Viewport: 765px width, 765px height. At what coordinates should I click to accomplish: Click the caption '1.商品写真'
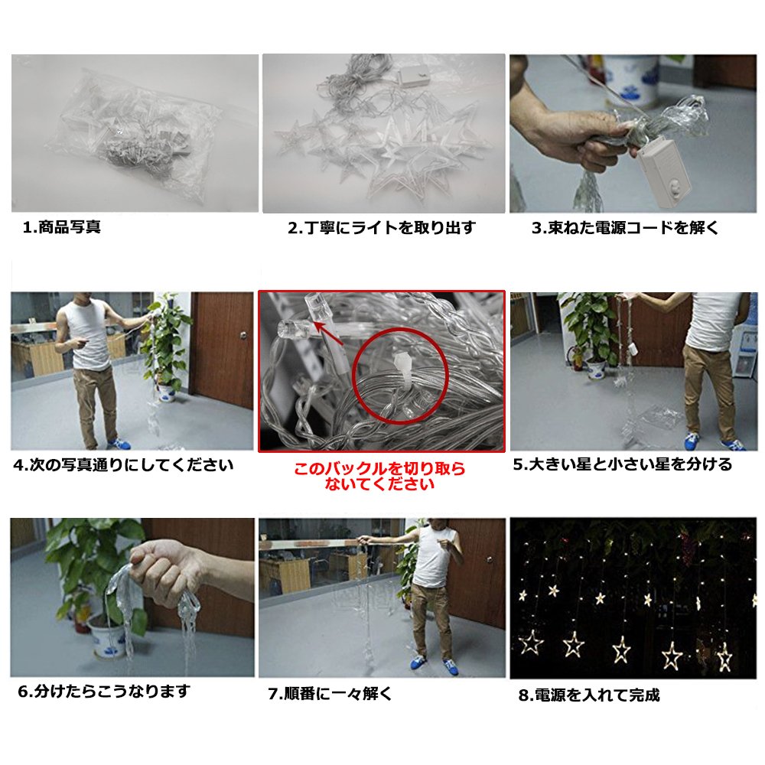click(x=62, y=227)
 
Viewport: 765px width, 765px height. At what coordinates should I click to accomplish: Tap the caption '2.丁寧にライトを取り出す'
click(x=382, y=227)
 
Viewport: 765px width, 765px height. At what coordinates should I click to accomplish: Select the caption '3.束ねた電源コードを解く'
click(x=626, y=227)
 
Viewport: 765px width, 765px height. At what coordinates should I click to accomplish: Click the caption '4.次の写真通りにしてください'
click(x=123, y=465)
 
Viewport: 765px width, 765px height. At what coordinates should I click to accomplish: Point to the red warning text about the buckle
click(x=379, y=476)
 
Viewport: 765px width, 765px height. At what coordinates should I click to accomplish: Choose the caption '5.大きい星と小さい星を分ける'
click(x=623, y=464)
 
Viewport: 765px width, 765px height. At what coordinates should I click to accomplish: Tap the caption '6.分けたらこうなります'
click(x=104, y=692)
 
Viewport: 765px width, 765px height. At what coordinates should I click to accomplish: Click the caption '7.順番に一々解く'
click(x=330, y=693)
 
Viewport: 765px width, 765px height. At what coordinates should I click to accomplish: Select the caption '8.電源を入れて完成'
click(x=589, y=695)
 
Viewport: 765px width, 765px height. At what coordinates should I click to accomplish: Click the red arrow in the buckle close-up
click(x=328, y=333)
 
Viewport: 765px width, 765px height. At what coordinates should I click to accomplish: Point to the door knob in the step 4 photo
click(x=243, y=335)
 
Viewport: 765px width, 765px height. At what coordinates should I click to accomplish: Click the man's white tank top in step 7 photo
click(x=431, y=556)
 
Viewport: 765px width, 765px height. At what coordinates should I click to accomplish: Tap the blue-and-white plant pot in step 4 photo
click(x=167, y=392)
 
